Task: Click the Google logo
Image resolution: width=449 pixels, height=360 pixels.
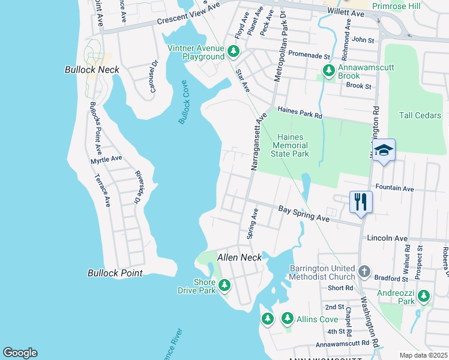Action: point(20,353)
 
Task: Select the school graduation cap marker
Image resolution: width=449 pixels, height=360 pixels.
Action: point(384,150)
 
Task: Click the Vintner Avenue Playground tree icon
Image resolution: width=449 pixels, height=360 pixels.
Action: point(234,52)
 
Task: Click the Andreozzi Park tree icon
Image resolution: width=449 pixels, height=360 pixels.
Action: point(424,296)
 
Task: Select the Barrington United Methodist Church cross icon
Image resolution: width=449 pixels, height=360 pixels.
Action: point(363,272)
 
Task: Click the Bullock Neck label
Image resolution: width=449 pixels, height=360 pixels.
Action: point(92,70)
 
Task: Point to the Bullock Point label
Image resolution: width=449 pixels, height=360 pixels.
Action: point(115,273)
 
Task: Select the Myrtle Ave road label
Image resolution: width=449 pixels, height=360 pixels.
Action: point(106,160)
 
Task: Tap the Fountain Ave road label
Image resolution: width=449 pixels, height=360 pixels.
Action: point(394,188)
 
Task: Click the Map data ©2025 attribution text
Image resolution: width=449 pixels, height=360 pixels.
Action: point(424,355)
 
